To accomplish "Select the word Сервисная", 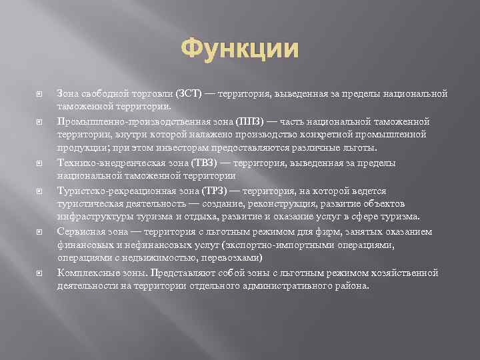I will tap(79, 231).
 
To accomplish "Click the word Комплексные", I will tap(86, 273).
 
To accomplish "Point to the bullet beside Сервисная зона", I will tap(39, 231).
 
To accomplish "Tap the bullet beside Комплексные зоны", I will tap(39, 273).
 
